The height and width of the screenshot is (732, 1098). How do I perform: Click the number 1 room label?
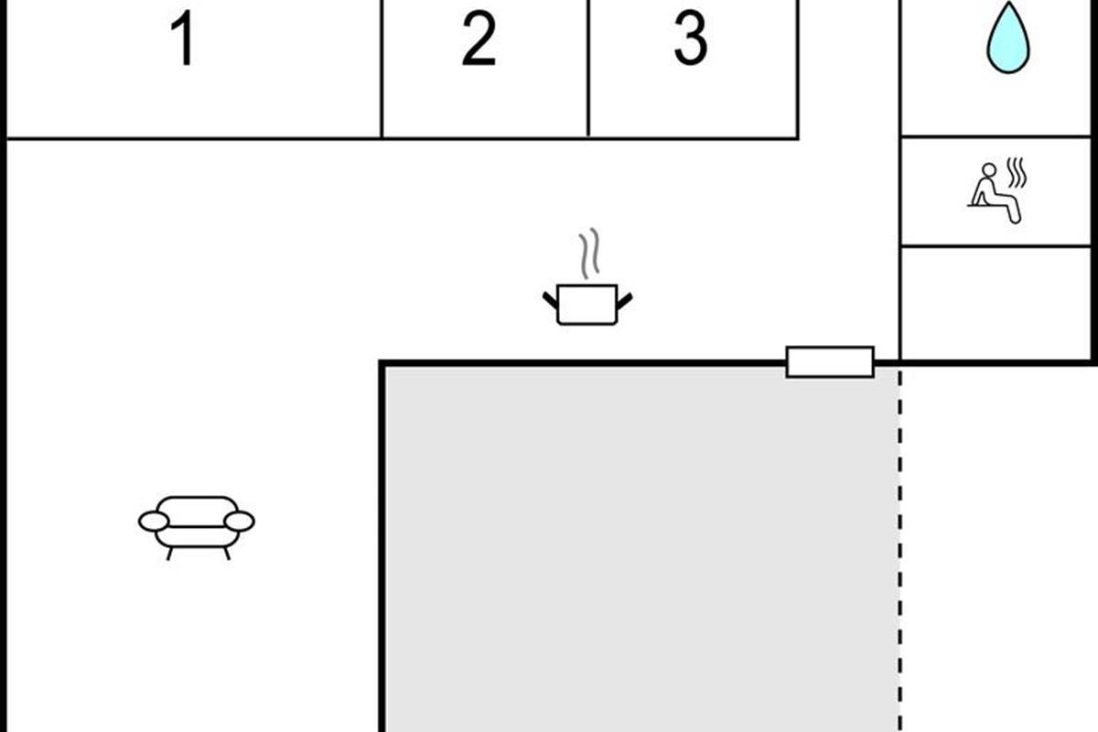pyautogui.click(x=184, y=38)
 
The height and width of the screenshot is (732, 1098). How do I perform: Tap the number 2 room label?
pyautogui.click(x=479, y=38)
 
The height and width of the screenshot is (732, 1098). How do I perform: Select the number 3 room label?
pyautogui.click(x=691, y=38)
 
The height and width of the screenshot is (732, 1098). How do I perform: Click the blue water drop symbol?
pyautogui.click(x=1007, y=38)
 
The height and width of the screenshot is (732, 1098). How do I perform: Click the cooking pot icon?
pyautogui.click(x=587, y=305)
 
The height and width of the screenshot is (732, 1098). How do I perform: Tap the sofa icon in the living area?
pyautogui.click(x=196, y=528)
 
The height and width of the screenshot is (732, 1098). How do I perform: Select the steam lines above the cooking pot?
pyautogui.click(x=589, y=253)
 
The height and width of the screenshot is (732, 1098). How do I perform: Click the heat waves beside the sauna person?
pyautogui.click(x=1017, y=173)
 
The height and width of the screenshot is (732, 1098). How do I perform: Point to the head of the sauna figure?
pyautogui.click(x=989, y=170)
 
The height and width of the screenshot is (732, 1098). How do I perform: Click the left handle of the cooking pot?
pyautogui.click(x=550, y=300)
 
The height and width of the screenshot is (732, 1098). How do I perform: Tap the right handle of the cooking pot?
pyautogui.click(x=624, y=300)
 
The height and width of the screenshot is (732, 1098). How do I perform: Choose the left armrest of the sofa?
pyautogui.click(x=154, y=522)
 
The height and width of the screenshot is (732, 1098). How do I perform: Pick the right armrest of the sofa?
pyautogui.click(x=239, y=522)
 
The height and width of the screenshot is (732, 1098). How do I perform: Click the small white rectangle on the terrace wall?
pyautogui.click(x=830, y=362)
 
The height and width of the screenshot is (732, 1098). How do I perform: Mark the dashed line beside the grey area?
pyautogui.click(x=900, y=549)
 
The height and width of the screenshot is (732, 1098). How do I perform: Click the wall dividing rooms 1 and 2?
pyautogui.click(x=382, y=69)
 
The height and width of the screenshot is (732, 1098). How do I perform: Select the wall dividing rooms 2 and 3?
pyautogui.click(x=588, y=69)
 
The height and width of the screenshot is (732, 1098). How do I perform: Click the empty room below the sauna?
pyautogui.click(x=996, y=304)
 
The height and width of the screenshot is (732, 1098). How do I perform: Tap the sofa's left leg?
pyautogui.click(x=169, y=554)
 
